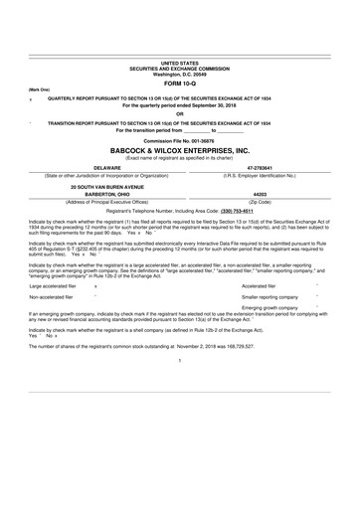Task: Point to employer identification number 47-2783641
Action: pos(262,197)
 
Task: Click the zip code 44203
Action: pos(262,222)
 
